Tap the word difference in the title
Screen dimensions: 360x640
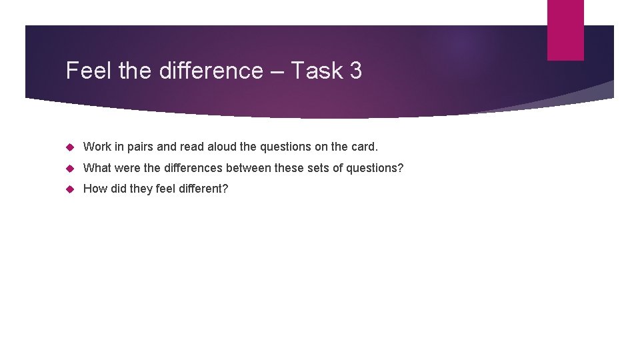click(x=211, y=71)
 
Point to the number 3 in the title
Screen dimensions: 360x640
click(x=355, y=71)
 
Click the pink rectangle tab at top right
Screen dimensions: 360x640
click(x=565, y=30)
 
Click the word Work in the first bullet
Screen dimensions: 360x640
click(x=97, y=147)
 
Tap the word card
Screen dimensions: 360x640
click(x=365, y=147)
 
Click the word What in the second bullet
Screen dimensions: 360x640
click(x=97, y=168)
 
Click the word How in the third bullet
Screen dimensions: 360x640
click(x=95, y=189)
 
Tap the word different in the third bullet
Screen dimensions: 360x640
click(x=202, y=189)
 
